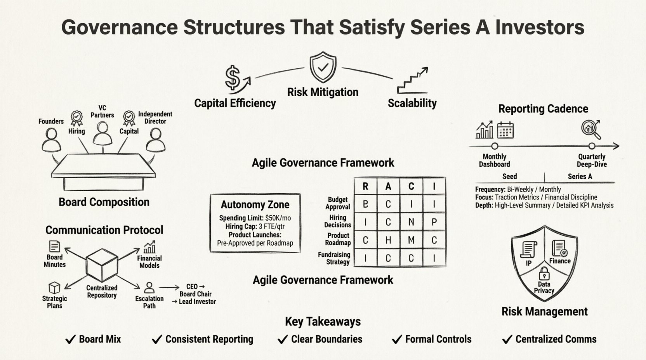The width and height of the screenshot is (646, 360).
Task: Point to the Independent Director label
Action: coord(155,118)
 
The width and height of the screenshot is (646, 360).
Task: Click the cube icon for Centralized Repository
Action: coord(102,263)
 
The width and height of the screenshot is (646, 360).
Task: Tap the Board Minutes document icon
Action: coord(55,246)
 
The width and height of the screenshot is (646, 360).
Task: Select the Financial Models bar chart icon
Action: coord(149,247)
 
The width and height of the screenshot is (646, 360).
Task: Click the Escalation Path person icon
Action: coord(149,288)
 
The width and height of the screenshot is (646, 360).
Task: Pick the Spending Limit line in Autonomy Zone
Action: coord(255,218)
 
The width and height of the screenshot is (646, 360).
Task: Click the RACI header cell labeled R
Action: coord(365,187)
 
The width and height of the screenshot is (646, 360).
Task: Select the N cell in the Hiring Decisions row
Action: coord(411,222)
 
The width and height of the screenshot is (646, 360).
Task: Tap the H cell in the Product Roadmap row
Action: coord(388,241)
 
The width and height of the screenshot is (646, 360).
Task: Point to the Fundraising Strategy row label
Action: coord(334,258)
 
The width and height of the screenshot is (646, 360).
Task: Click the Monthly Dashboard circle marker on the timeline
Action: coord(495,146)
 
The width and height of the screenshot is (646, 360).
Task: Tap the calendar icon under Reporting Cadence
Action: coord(505,130)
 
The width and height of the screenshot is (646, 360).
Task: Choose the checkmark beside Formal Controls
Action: coord(397,340)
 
